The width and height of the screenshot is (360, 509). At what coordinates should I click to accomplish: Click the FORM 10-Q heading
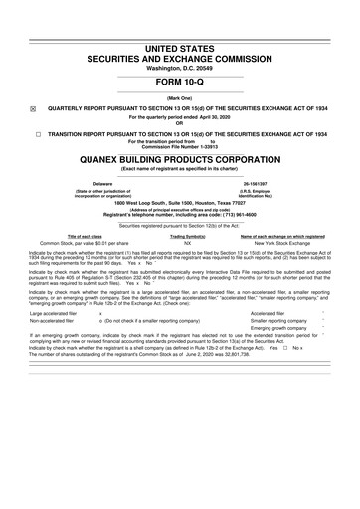[x=180, y=83]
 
